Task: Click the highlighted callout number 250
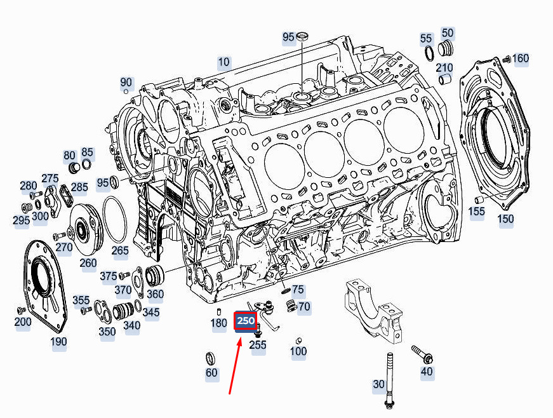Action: point(246,321)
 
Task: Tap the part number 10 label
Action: point(223,62)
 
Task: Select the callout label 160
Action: point(521,58)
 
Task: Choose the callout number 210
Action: point(444,67)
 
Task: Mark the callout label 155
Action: point(477,212)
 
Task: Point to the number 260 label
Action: point(88,263)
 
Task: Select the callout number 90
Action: point(126,83)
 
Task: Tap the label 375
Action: point(109,276)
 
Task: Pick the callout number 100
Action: point(298,351)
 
